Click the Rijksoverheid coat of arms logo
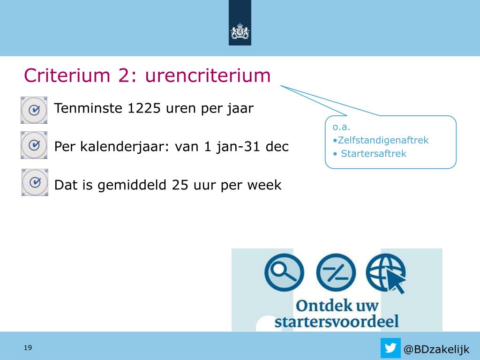point(240,31)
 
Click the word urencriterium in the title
point(208,75)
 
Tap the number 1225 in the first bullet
point(143,108)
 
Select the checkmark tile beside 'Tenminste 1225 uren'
point(34,110)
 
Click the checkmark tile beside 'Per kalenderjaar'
point(34,145)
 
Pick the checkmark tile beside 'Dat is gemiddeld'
point(35,182)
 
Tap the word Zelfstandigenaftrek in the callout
point(383,140)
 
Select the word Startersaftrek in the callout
point(374,153)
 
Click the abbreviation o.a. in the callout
point(341,127)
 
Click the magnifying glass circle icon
point(284,272)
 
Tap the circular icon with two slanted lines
point(336,272)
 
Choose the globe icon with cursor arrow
point(386,273)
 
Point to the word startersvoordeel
point(337,322)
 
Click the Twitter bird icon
point(390,348)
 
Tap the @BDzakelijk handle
point(436,349)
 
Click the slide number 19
point(28,347)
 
